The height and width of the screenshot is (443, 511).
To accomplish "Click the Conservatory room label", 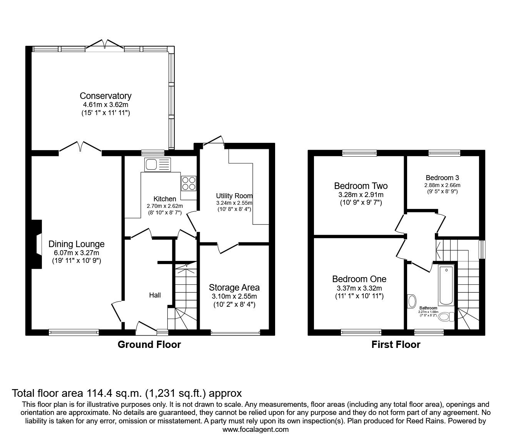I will pos(105,96).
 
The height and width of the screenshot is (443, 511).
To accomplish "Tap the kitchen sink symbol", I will pos(157,165).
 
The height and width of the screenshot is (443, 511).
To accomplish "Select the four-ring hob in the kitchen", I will pos(189,183).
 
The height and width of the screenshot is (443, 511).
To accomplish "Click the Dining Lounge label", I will pos(76,244).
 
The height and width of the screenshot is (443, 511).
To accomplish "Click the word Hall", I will pos(155,295).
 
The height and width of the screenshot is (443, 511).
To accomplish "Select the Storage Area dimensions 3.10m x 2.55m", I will pos(234,296).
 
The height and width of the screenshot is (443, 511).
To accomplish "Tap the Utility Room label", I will pos(234,196).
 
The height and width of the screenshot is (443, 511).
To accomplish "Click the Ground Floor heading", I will pos(149,344).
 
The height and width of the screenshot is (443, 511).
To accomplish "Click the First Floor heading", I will pos(396,344).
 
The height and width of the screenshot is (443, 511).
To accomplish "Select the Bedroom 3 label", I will pos(442,178).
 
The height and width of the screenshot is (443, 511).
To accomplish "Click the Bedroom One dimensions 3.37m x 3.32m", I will pos(359,288).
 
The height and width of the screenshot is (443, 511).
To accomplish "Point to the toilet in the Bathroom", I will pos(446,317).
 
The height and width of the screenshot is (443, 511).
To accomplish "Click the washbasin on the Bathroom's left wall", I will pos(411,301).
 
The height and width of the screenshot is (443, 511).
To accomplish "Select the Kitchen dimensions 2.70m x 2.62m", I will pos(165,206).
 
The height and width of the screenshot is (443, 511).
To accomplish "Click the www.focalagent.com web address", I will pos(255,430).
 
